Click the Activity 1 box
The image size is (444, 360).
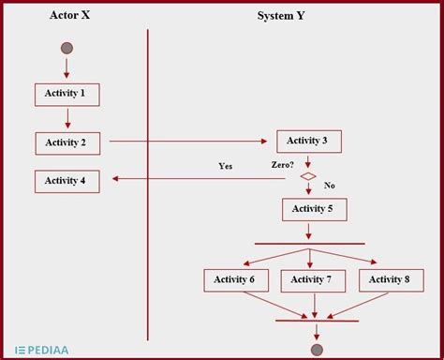pos(67,94)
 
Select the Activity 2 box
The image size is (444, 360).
pos(67,142)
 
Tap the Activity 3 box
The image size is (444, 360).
pos(308,142)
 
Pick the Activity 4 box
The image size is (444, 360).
pos(67,181)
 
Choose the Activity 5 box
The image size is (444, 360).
pos(314,209)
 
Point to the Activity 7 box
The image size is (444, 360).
pos(313,279)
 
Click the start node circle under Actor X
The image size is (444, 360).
pos(67,48)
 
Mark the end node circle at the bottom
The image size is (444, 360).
pos(317,350)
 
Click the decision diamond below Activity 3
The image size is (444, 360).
pos(308,176)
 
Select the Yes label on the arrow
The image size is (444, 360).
pos(226,166)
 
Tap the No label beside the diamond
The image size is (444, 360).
pos(329,186)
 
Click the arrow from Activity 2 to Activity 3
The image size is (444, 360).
pos(187,142)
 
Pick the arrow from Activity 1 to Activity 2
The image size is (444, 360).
pos(67,118)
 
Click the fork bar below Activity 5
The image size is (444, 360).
pos(309,245)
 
